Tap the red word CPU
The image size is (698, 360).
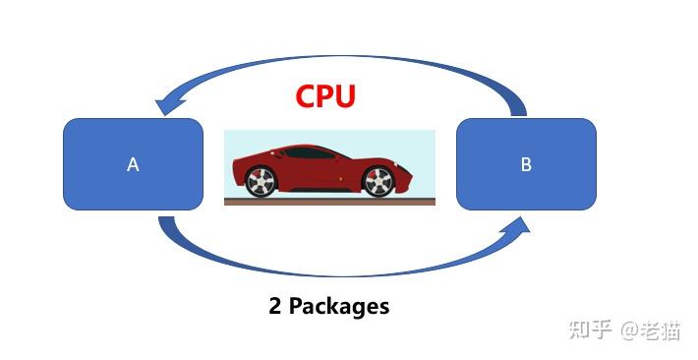(325, 96)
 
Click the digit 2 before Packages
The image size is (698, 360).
(275, 306)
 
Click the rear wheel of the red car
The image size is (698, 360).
(260, 182)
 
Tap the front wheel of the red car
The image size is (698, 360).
(378, 182)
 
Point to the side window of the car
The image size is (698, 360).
(310, 153)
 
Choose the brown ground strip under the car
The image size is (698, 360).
(329, 202)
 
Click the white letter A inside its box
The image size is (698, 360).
(133, 165)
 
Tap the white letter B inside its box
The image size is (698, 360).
(526, 165)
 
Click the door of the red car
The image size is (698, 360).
(315, 172)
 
